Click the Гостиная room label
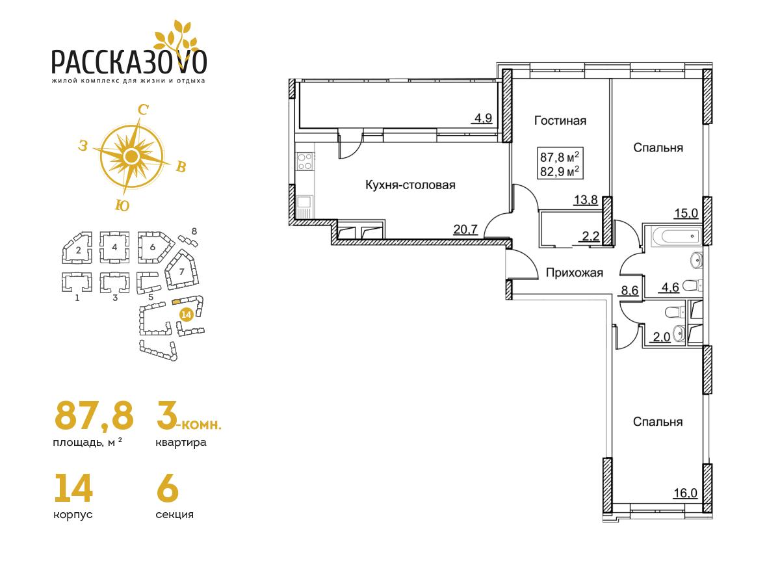560,121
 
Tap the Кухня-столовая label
410,185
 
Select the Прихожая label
575,273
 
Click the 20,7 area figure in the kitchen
465,229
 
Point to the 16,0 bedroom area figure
686,493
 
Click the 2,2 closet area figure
591,236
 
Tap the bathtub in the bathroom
676,235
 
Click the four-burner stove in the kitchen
305,161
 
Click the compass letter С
143,110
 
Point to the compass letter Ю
122,205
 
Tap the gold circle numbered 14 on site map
186,315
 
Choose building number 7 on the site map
181,272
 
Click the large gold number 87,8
94,415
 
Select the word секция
174,514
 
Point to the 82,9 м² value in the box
560,172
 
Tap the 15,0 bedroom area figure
686,213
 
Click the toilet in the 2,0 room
674,312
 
